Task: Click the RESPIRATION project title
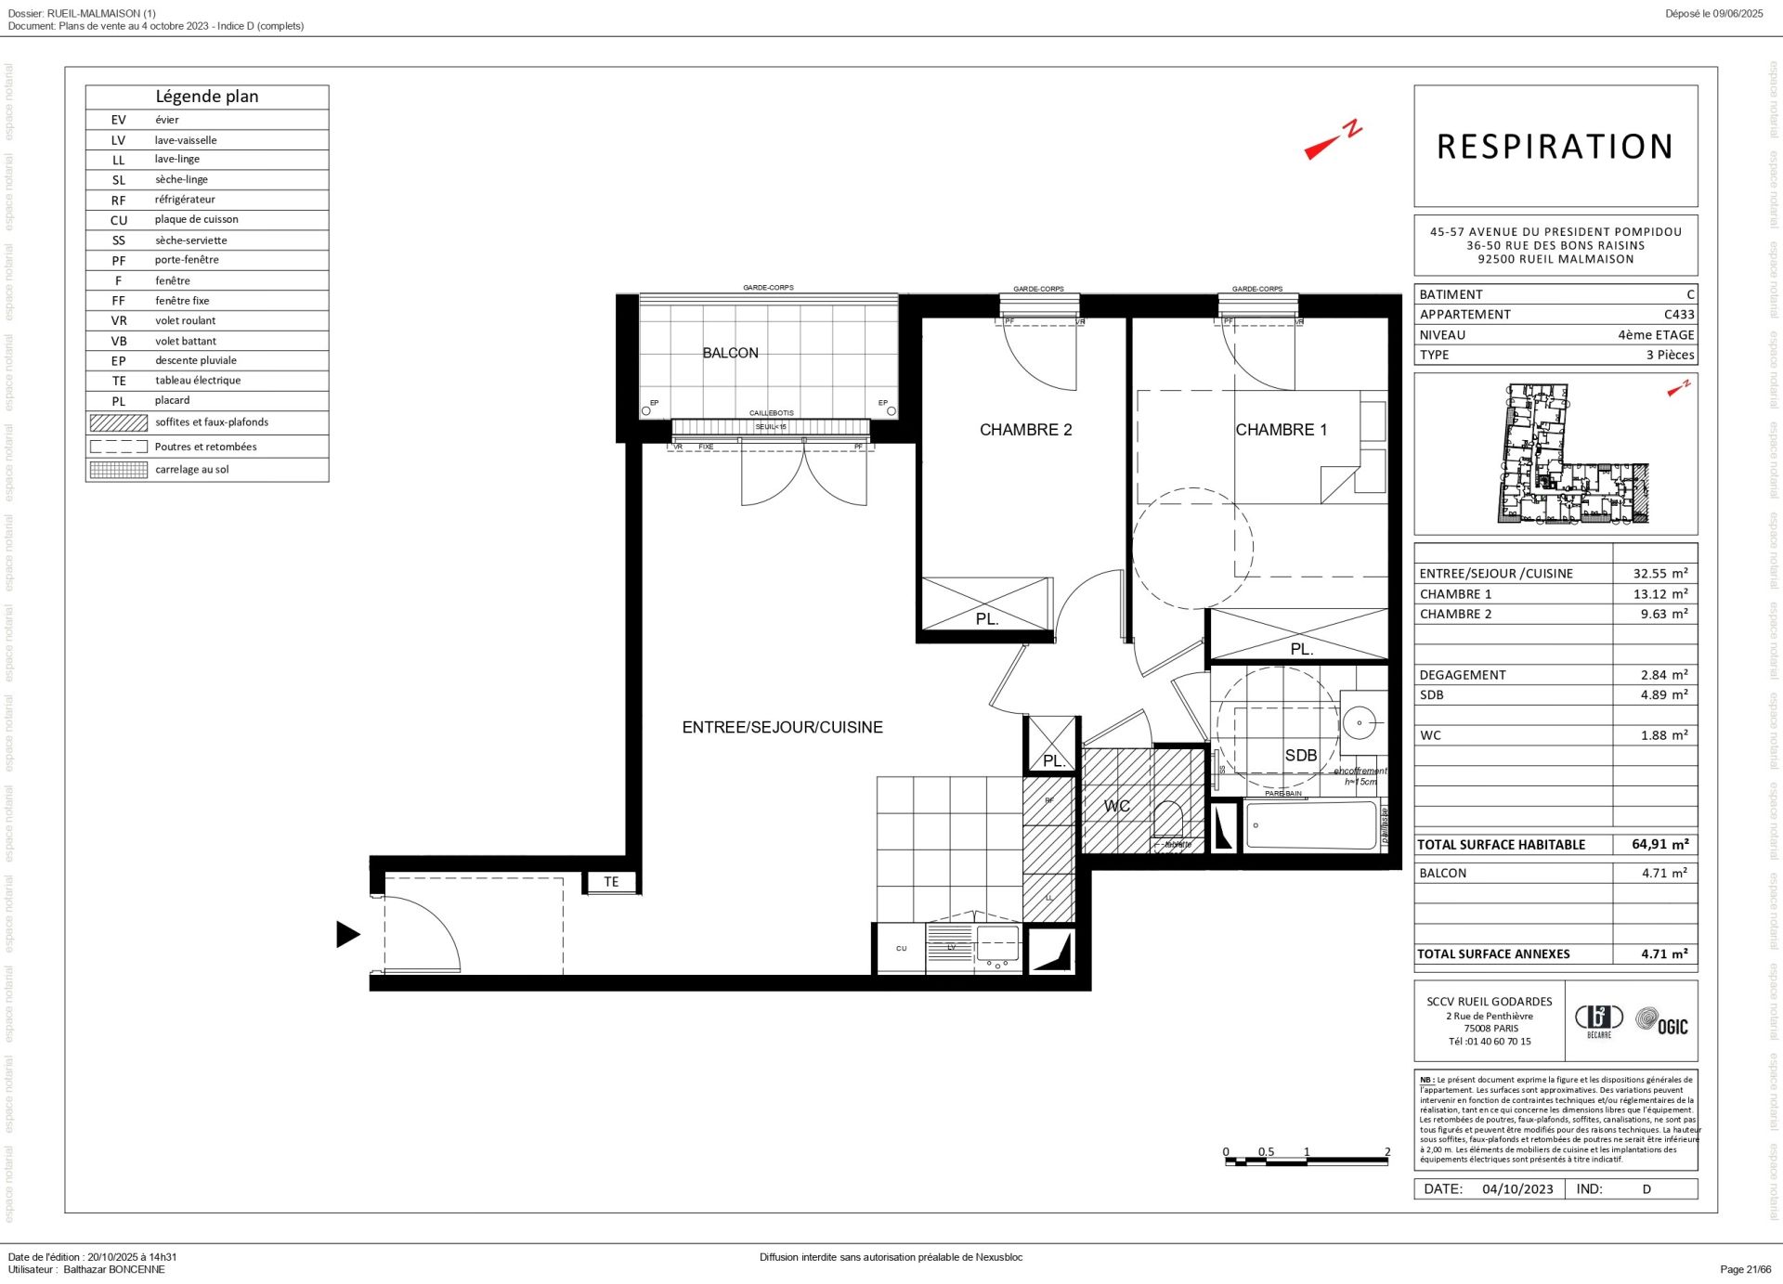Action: [1555, 147]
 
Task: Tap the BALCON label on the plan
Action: [730, 353]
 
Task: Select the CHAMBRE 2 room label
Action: [1025, 430]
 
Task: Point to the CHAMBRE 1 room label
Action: [1281, 430]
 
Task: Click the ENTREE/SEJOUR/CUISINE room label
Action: [782, 727]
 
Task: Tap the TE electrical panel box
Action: [611, 882]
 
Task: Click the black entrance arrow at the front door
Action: [347, 934]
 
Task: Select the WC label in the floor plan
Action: [1116, 806]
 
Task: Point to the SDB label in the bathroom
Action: [1300, 756]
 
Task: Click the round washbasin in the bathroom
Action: [1360, 722]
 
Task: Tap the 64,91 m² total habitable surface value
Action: [1659, 845]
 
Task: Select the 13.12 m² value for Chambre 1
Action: [1659, 594]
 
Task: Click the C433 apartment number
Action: [1678, 315]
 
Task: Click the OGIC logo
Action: [1661, 1022]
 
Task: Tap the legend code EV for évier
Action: [118, 120]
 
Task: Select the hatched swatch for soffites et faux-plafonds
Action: [118, 422]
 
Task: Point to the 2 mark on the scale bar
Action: [1387, 1152]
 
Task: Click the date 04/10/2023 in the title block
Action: [1517, 1189]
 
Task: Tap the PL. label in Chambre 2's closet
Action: [986, 619]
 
